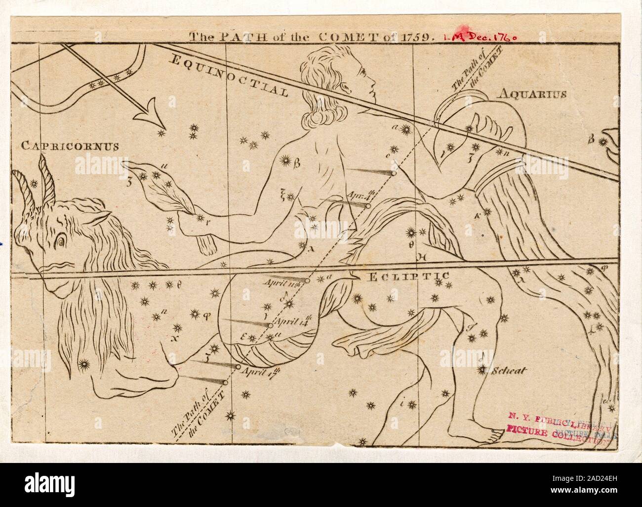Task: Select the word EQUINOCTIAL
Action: click(x=230, y=75)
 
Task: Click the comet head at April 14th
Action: click(x=270, y=325)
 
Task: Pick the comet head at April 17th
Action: click(x=238, y=368)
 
